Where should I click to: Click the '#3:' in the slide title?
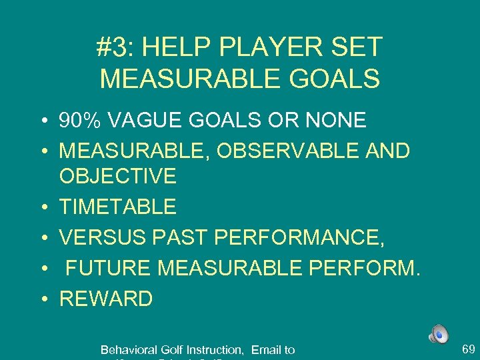[115, 47]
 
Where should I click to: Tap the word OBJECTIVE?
[118, 176]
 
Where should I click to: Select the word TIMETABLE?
[118, 207]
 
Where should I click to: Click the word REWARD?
[106, 298]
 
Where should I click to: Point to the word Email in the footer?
[266, 349]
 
